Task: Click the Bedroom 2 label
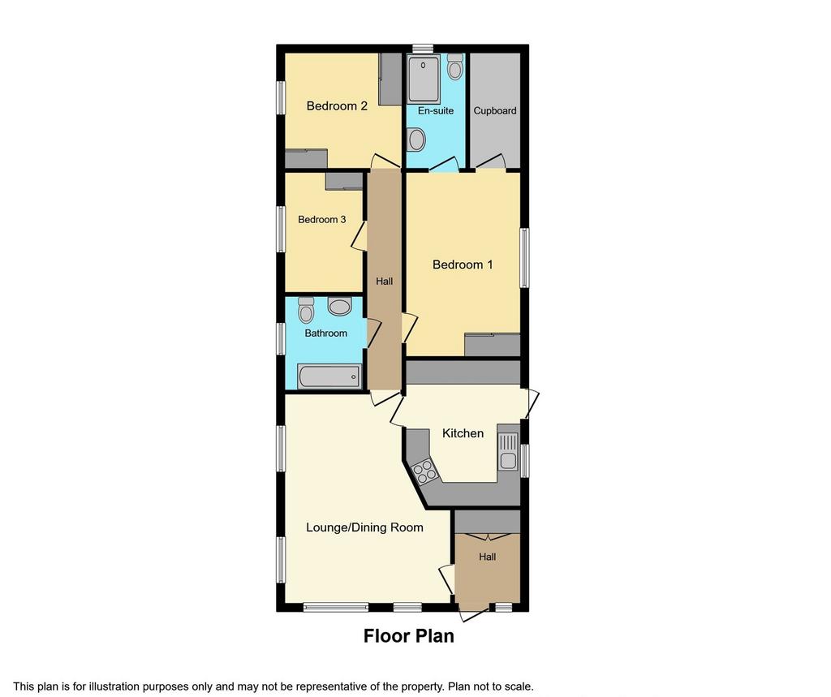(337, 106)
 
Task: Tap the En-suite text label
(436, 111)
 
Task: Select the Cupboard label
(494, 111)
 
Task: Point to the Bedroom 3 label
(321, 219)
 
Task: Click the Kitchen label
(463, 433)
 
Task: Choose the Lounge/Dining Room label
(364, 527)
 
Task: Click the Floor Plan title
(409, 636)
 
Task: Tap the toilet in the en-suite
(454, 67)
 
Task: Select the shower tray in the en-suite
(424, 80)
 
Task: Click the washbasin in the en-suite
(417, 140)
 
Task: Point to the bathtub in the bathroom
(329, 376)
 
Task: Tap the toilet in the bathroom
(306, 310)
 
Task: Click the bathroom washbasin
(339, 306)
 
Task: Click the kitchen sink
(508, 451)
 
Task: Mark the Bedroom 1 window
(524, 257)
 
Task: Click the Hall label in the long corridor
(384, 282)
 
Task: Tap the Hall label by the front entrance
(487, 557)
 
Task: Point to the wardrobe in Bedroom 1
(493, 345)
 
